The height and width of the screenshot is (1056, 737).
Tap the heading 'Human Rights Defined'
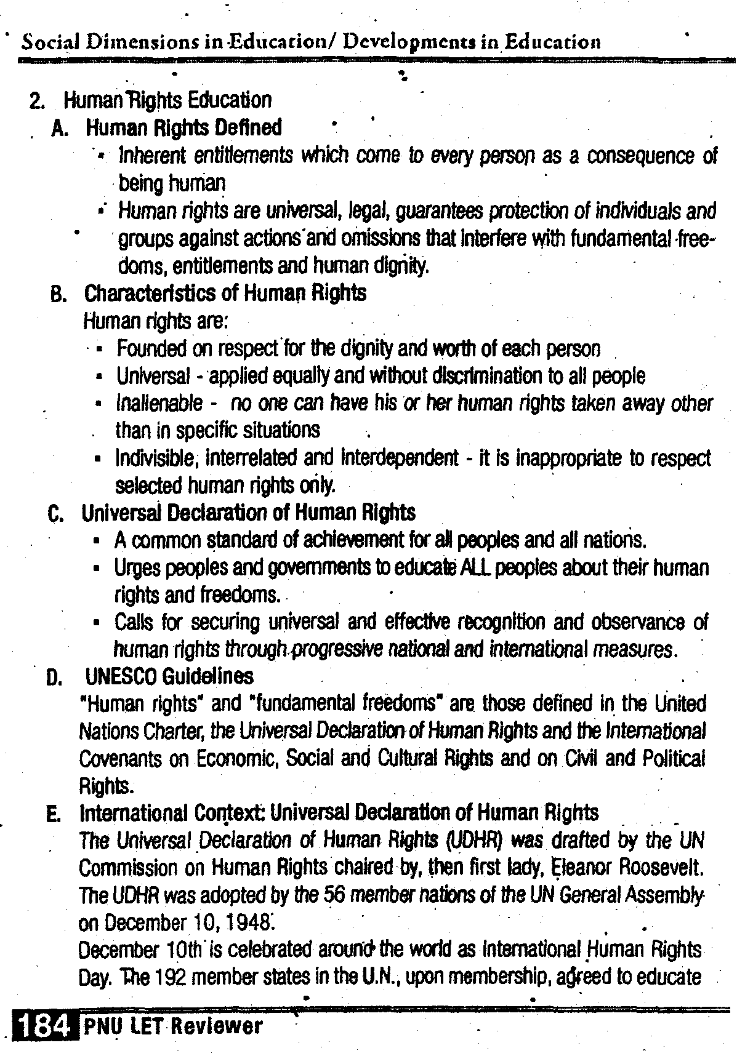point(183,127)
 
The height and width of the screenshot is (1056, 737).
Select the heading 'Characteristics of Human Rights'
point(225,293)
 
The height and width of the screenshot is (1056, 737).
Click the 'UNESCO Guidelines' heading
point(169,676)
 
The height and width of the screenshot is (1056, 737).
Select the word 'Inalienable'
point(159,403)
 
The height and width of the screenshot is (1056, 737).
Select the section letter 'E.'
point(54,814)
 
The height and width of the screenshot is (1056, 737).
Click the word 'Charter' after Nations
point(178,731)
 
